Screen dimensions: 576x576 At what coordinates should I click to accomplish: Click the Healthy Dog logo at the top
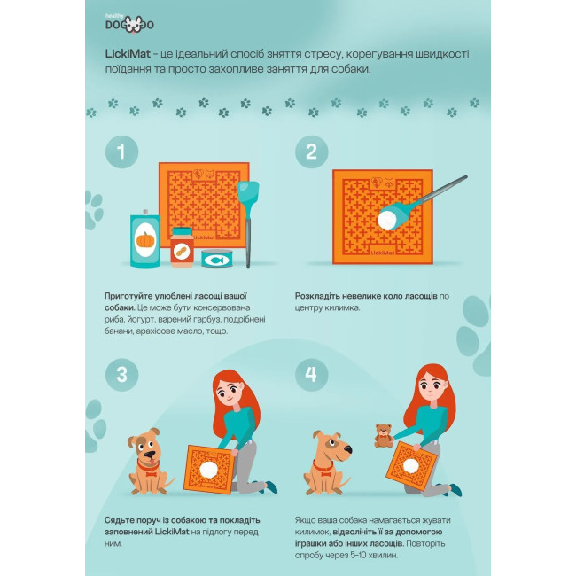tap(129, 24)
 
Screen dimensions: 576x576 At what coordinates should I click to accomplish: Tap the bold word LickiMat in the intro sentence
tap(128, 54)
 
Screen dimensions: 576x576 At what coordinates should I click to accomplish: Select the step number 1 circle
tap(121, 152)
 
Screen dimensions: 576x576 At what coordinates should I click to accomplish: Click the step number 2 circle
tap(311, 152)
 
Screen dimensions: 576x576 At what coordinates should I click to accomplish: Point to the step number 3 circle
tap(121, 375)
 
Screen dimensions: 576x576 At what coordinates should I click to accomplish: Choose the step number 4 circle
tap(311, 375)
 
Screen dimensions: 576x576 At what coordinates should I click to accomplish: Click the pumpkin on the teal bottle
tap(145, 239)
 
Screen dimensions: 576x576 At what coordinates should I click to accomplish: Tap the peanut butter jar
tap(182, 247)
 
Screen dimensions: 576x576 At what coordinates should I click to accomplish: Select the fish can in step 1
tap(217, 258)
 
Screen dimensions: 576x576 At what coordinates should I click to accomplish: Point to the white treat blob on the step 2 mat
tap(387, 220)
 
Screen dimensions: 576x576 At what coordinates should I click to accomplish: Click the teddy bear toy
tap(384, 435)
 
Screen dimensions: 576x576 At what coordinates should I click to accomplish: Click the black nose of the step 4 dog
tap(348, 449)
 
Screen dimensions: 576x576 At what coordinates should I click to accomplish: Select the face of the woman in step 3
tap(230, 393)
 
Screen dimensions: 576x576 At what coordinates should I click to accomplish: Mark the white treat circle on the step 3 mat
tap(208, 471)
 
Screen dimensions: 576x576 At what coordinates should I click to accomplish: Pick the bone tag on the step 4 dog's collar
tap(325, 473)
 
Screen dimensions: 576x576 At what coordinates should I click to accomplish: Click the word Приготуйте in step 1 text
tap(128, 297)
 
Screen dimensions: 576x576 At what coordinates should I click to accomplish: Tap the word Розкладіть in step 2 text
tap(317, 296)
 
